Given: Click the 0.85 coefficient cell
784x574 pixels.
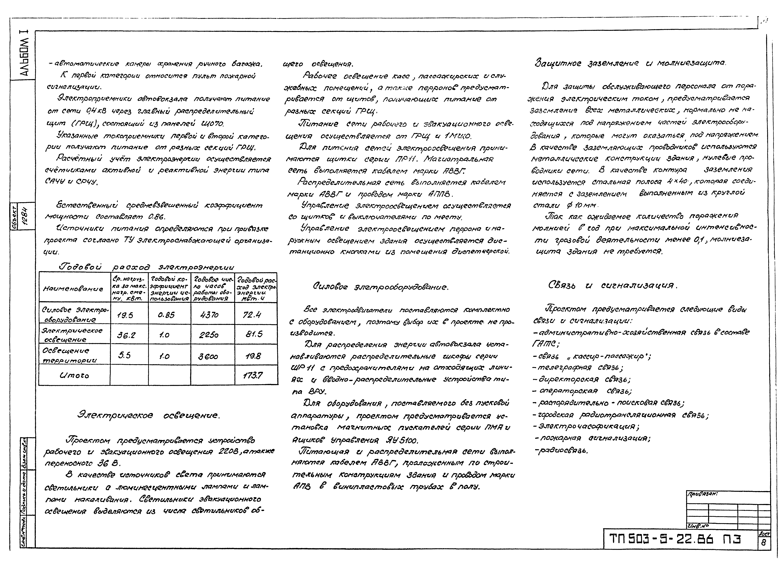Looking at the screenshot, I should coord(166,315).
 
